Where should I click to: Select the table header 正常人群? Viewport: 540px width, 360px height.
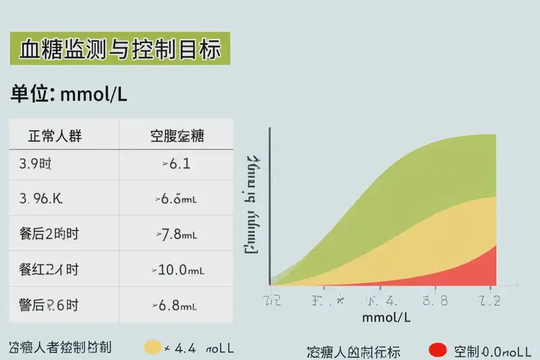[55, 136]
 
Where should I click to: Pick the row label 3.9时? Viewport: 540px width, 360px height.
[35, 164]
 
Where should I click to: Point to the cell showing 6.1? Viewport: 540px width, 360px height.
[177, 164]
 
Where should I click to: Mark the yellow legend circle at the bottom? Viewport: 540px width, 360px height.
[153, 348]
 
